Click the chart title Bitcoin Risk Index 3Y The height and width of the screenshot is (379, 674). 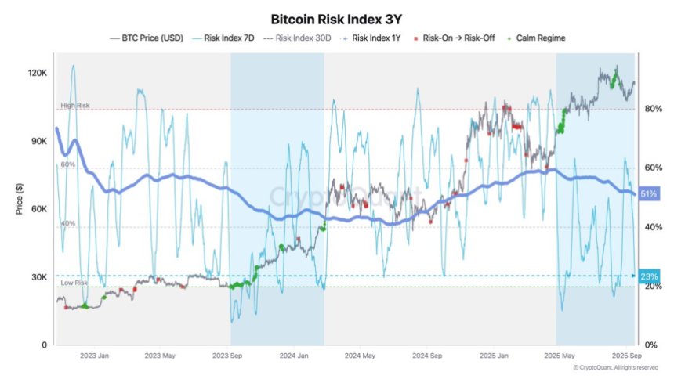(336, 18)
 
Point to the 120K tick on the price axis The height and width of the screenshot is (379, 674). (38, 73)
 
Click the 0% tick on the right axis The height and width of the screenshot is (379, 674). (650, 345)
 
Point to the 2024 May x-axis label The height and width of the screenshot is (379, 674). (362, 356)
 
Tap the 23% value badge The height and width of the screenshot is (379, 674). (650, 276)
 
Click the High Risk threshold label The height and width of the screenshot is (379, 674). (74, 105)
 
